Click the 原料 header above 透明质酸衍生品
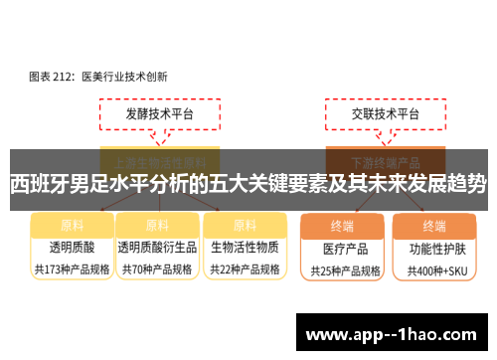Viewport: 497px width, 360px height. (156, 225)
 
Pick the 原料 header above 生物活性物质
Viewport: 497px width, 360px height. (244, 225)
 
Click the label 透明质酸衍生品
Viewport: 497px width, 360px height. (157, 247)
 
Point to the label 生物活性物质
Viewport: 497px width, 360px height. (245, 247)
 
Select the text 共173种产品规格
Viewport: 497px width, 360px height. (72, 269)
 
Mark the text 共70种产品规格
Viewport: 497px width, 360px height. (157, 269)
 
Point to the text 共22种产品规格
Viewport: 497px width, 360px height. (245, 269)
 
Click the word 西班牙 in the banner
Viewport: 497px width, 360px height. (36, 185)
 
